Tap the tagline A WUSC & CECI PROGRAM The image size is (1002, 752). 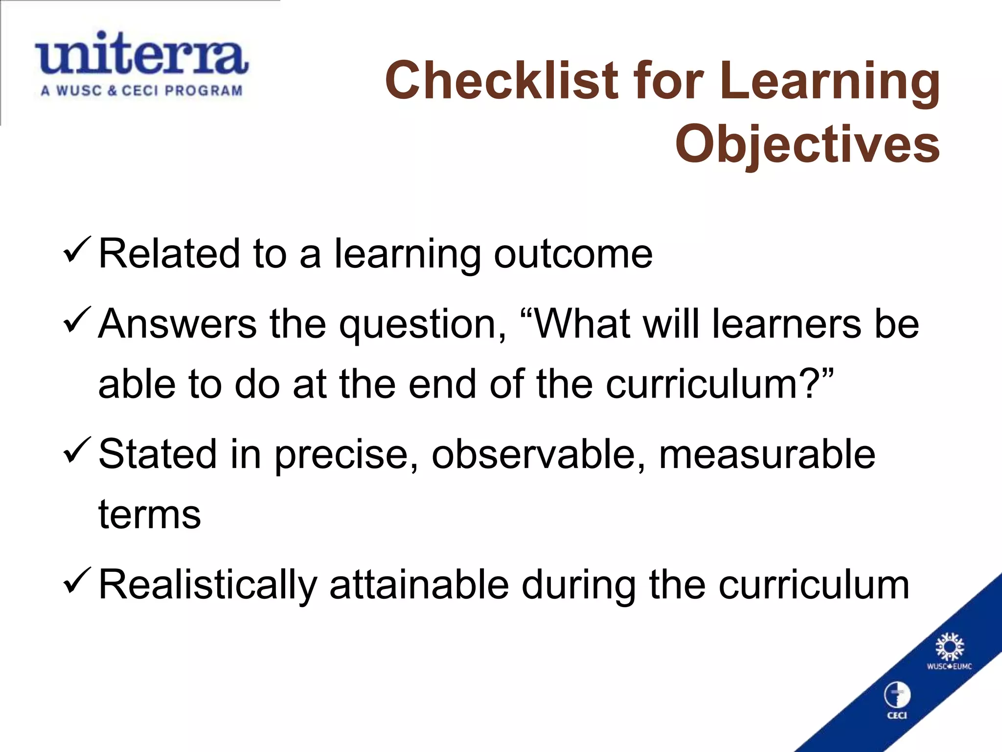pyautogui.click(x=141, y=91)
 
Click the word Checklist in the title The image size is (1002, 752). pyautogui.click(x=501, y=80)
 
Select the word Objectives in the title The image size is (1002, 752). pyautogui.click(x=807, y=144)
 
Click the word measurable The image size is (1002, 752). pyautogui.click(x=767, y=454)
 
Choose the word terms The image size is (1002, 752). pyautogui.click(x=150, y=515)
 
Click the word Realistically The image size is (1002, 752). pyautogui.click(x=208, y=586)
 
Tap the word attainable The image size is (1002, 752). pyautogui.click(x=419, y=585)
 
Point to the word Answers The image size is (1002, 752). pyautogui.click(x=177, y=324)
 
